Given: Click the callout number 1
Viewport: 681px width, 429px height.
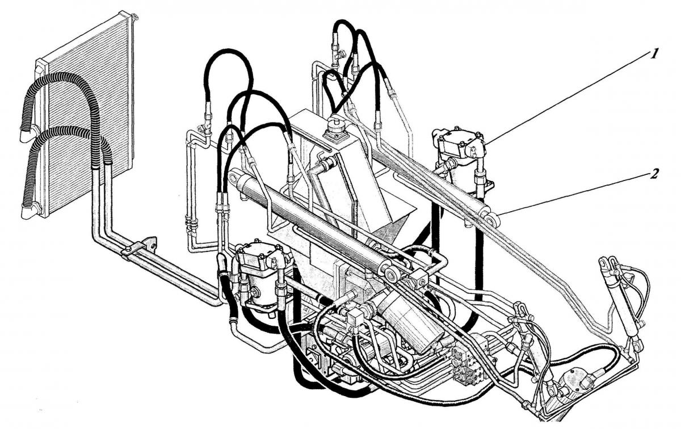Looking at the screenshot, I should (654, 54).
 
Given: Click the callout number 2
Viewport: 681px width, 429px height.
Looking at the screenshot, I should (654, 174).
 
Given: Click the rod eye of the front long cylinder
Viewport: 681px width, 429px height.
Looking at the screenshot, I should (391, 274).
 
